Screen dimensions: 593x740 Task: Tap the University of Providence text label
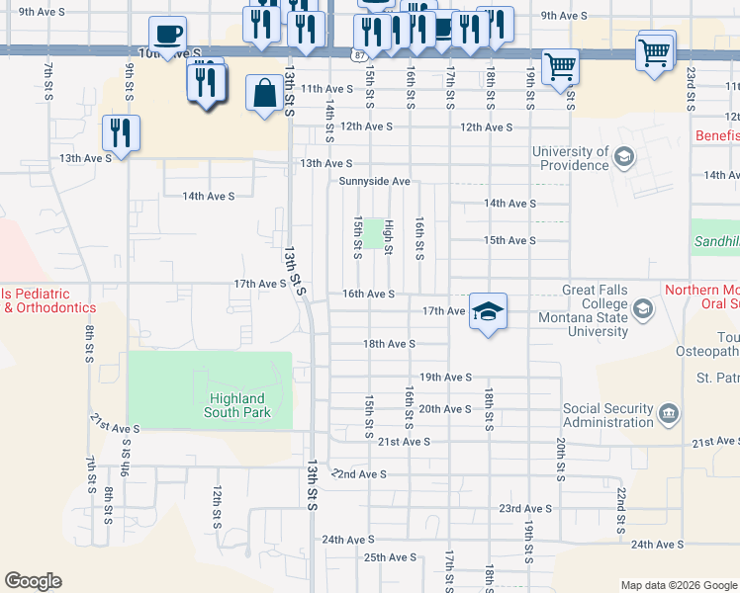pos(570,158)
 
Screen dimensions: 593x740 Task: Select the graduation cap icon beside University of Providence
pos(624,157)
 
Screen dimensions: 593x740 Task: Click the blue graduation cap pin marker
pos(488,312)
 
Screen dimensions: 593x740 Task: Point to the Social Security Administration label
pos(607,415)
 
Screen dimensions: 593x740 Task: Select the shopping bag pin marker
pos(264,95)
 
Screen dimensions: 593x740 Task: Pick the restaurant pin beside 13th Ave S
pos(122,133)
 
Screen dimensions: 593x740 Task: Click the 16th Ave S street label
pos(368,294)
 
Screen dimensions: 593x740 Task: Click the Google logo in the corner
pos(33,581)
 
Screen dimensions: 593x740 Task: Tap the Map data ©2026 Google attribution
pos(678,585)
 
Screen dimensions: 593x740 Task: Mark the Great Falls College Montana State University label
pos(582,310)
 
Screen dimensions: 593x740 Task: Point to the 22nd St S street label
pos(620,510)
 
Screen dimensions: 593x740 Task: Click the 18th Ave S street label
pos(388,344)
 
